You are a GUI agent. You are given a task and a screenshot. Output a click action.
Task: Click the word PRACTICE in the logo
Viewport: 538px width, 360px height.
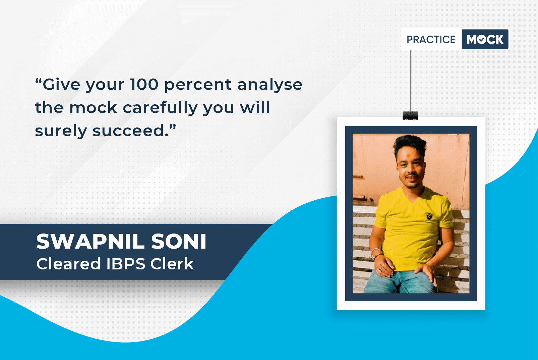click(x=431, y=40)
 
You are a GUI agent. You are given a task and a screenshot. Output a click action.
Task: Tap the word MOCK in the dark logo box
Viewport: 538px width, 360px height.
click(x=485, y=39)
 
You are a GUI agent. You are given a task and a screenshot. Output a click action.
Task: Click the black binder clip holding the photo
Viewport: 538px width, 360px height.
click(x=410, y=116)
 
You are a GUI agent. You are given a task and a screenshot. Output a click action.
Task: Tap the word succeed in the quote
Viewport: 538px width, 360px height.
click(x=130, y=131)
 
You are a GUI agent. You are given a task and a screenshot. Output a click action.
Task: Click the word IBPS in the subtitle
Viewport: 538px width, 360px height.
click(x=126, y=264)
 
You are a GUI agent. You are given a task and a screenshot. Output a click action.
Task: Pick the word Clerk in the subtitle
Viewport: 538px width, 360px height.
click(x=172, y=264)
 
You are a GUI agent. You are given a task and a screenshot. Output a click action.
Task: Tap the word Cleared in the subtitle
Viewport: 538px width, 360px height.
click(x=68, y=264)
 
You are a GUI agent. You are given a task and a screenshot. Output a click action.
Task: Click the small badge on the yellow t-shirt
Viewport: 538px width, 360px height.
click(x=429, y=216)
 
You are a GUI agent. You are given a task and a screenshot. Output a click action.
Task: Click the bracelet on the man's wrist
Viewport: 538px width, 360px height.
click(x=376, y=253)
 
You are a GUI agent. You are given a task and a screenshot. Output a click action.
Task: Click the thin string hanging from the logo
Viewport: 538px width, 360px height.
click(x=410, y=81)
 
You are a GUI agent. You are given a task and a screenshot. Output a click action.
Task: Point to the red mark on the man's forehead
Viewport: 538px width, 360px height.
click(x=408, y=156)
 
